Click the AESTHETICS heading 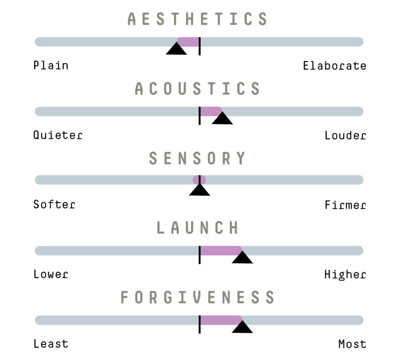tap(197, 19)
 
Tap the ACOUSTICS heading tap(197, 88)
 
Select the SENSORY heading tap(197, 158)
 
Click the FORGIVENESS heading tap(197, 297)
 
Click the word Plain tap(51, 65)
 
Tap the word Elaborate tap(335, 66)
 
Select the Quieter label tap(58, 135)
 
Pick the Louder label tap(345, 135)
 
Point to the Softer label tap(54, 204)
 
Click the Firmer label tap(345, 204)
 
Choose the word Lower tap(51, 274)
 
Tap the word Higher tap(345, 275)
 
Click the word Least tap(51, 344)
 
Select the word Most tap(352, 344)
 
